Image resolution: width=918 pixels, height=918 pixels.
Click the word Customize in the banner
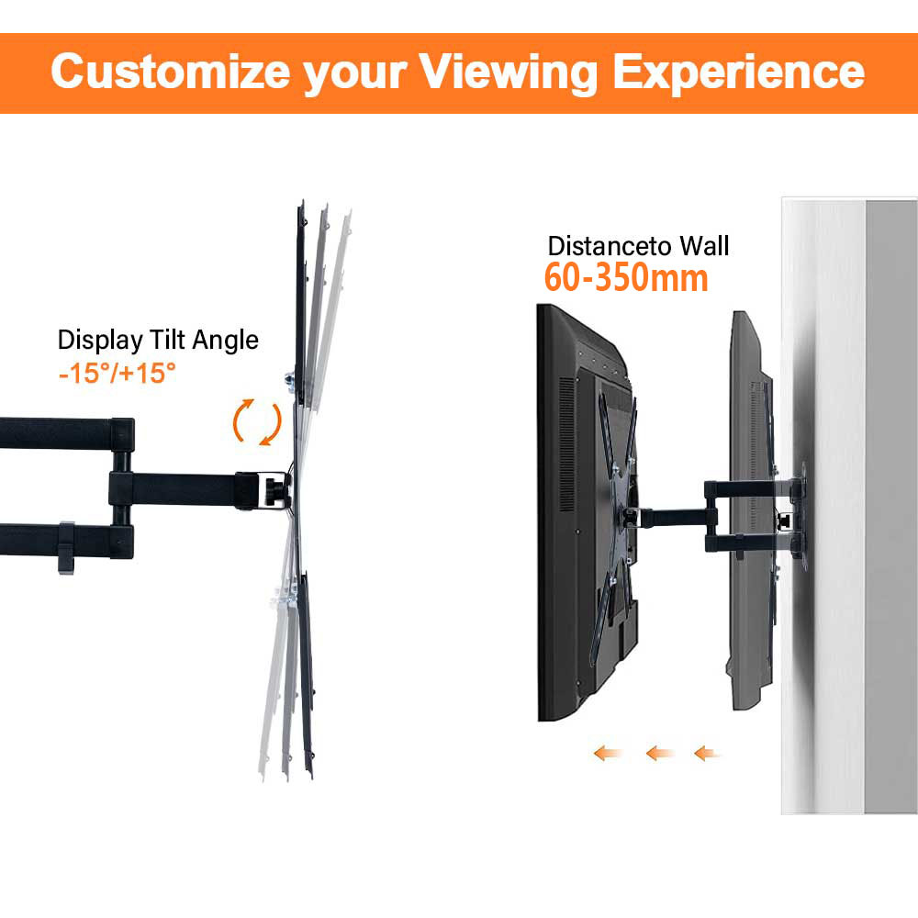[171, 71]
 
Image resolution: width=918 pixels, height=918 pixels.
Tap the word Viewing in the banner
[509, 73]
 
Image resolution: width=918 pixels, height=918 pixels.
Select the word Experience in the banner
[739, 73]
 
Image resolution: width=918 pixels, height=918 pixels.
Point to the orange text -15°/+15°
[118, 373]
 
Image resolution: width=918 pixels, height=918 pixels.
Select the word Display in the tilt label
[100, 341]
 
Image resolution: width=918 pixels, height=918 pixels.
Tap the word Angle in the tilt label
[226, 341]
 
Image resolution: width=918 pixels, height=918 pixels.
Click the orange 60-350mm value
[626, 277]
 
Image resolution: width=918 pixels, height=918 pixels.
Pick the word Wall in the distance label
[705, 246]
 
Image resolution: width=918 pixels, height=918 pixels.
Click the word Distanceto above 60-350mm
[610, 246]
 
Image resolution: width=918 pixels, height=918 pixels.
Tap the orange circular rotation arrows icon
[258, 421]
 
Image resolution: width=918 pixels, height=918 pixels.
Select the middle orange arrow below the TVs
[659, 753]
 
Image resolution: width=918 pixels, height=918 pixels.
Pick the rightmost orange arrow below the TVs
[707, 753]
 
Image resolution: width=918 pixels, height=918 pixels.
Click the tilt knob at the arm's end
[274, 491]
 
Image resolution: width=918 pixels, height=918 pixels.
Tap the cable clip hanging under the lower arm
[66, 548]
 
